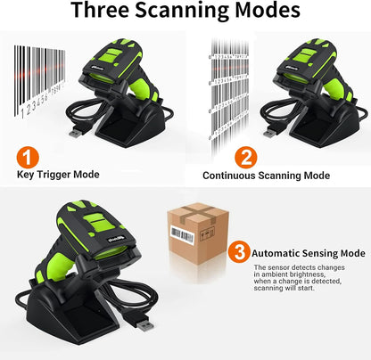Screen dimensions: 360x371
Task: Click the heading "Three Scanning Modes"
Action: pos(185,12)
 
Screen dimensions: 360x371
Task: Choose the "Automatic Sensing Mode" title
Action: pos(308,253)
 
